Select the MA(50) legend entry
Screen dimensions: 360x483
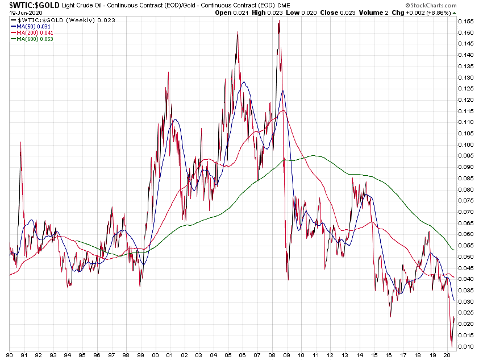point(34,26)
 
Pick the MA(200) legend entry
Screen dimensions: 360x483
point(36,32)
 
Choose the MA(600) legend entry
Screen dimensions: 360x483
point(36,39)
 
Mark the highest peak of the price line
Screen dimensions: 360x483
point(279,21)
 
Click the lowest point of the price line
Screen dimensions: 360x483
point(452,346)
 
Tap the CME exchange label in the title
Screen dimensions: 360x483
point(284,5)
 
